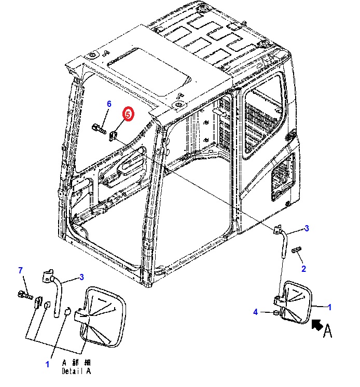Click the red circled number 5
pyautogui.click(x=128, y=114)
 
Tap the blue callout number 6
pyautogui.click(x=109, y=104)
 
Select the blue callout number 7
pyautogui.click(x=21, y=270)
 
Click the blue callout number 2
pyautogui.click(x=304, y=269)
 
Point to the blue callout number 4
pyautogui.click(x=255, y=312)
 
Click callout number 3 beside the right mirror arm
pyautogui.click(x=307, y=228)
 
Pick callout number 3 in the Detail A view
pyautogui.click(x=81, y=277)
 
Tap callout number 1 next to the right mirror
pyautogui.click(x=329, y=307)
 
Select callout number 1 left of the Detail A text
pyautogui.click(x=47, y=364)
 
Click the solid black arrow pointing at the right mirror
pyautogui.click(x=317, y=325)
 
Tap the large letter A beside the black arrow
pyautogui.click(x=328, y=331)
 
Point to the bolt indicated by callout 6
pyautogui.click(x=99, y=129)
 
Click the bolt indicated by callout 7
pyautogui.click(x=25, y=295)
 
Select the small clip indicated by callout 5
pyautogui.click(x=113, y=136)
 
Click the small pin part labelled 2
pyautogui.click(x=296, y=250)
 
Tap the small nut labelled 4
pyautogui.click(x=276, y=313)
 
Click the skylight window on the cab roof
pyautogui.click(x=149, y=72)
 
